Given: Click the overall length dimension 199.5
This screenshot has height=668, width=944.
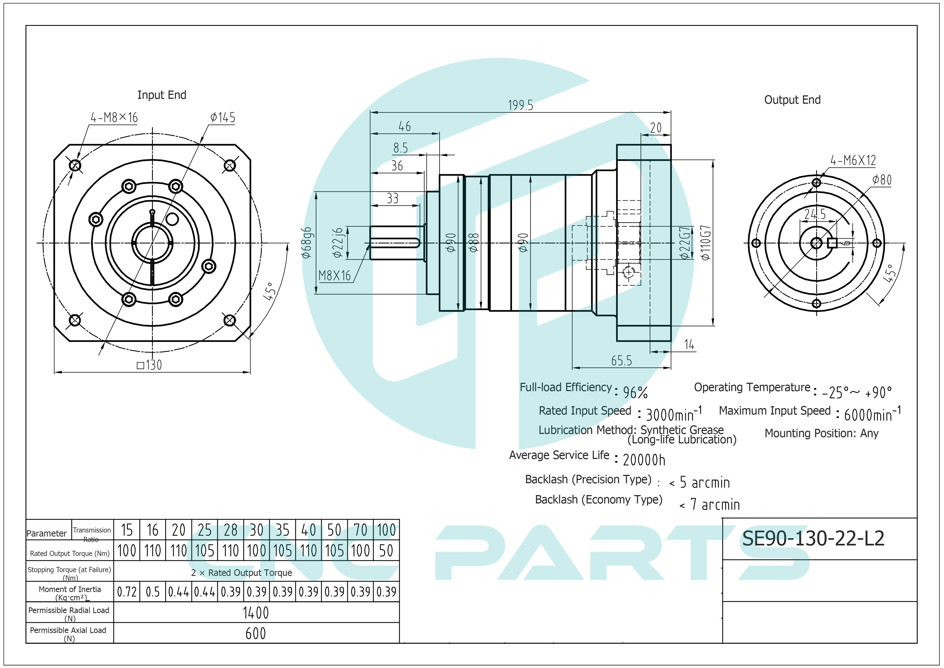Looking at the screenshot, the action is pos(521,105).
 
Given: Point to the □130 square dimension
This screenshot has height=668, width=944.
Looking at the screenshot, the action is pos(149,365).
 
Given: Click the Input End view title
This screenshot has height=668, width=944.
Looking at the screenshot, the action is pos(162,95).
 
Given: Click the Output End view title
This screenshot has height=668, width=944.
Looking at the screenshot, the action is pos(792,100).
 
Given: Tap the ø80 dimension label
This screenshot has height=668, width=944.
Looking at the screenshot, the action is pos(882,180).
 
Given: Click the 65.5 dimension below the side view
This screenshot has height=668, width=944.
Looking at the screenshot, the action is pos(621,361).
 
